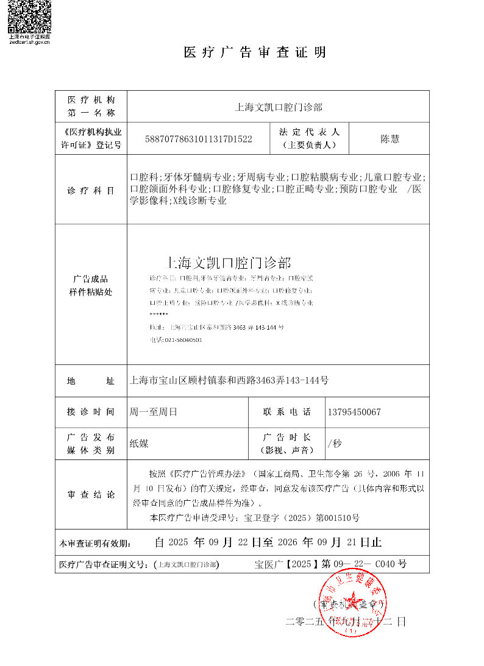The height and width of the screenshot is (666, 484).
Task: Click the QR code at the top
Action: (x=29, y=16)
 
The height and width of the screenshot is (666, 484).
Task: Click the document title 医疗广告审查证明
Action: (x=255, y=52)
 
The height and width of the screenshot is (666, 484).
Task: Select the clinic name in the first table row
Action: (x=278, y=107)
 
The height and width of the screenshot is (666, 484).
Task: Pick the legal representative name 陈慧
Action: (x=390, y=139)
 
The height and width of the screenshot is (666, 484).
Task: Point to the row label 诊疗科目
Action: (x=91, y=191)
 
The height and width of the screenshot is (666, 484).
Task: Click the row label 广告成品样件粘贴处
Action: (x=91, y=286)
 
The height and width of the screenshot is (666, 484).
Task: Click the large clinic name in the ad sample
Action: (x=229, y=263)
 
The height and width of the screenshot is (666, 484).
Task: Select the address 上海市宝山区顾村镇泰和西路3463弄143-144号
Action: (x=229, y=381)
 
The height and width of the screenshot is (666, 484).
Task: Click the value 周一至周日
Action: (x=153, y=412)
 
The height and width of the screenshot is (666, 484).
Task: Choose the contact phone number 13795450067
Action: (x=354, y=412)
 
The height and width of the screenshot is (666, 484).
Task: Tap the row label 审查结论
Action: (x=91, y=495)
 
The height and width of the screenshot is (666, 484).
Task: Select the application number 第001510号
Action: (x=337, y=519)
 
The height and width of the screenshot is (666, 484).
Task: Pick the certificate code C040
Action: (x=385, y=564)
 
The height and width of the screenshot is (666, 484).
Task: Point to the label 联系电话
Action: (x=287, y=412)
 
